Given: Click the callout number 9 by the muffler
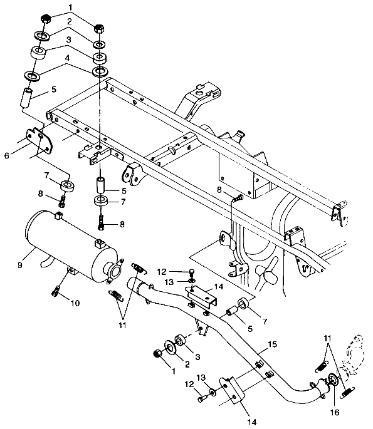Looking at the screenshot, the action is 20,265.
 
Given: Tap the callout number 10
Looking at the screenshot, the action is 75,303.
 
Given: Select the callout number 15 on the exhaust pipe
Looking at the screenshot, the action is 273,344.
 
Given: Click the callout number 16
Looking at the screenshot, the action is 335,411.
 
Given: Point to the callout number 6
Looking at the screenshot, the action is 7,155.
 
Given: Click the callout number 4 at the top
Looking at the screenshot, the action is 67,58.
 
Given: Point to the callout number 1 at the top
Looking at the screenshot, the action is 70,8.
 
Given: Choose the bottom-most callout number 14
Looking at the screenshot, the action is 252,422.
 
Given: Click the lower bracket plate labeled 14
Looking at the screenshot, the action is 232,390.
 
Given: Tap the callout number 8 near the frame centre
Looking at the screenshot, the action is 219,190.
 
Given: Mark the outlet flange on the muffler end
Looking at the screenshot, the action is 114,270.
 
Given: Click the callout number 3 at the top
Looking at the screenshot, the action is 68,40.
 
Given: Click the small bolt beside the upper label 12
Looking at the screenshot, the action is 192,273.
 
